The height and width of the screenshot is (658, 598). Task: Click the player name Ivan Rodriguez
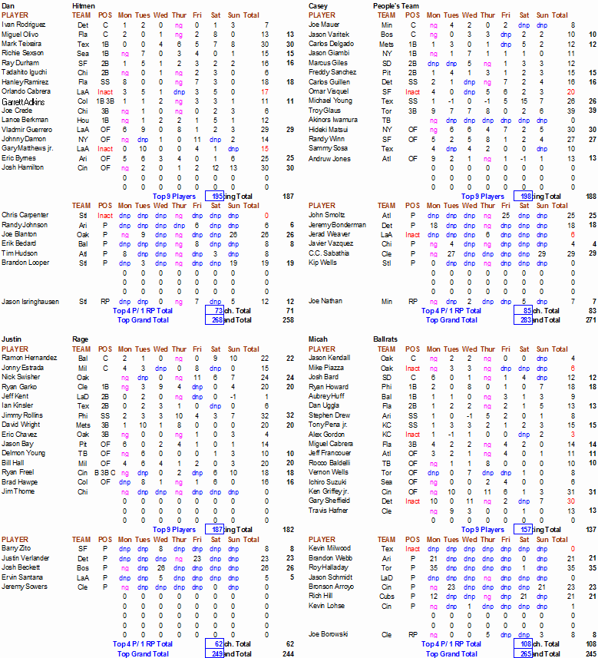point(23,25)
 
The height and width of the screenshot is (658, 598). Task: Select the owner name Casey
point(319,5)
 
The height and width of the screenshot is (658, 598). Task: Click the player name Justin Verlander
point(26,558)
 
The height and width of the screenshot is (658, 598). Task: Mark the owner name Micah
point(319,339)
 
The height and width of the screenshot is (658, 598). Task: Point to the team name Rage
point(81,339)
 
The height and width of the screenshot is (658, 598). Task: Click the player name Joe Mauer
point(323,25)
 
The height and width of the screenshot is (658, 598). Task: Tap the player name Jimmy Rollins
point(23,415)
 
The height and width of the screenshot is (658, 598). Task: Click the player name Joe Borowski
point(328,634)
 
